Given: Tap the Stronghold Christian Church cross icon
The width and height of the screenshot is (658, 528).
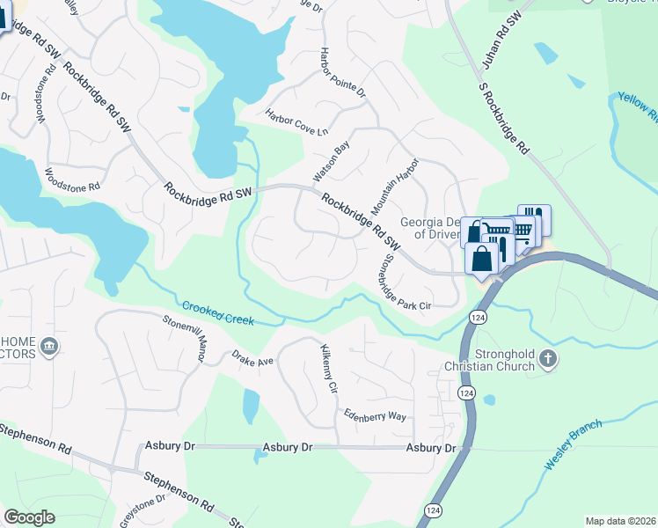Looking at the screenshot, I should tap(548, 358).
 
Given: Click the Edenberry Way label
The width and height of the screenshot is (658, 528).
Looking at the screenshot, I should tap(375, 415).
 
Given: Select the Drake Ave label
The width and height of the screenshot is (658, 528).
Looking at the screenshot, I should tap(253, 360).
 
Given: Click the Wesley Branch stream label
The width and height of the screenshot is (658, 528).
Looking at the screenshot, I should tap(574, 444).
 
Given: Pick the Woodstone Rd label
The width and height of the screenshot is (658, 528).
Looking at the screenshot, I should tap(72, 180).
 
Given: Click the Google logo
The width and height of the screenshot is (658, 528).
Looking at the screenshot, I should tap(29, 517).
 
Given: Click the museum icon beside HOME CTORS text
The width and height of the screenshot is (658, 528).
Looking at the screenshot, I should tap(49, 345).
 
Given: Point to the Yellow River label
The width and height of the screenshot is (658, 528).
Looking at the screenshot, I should tap(638, 106).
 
